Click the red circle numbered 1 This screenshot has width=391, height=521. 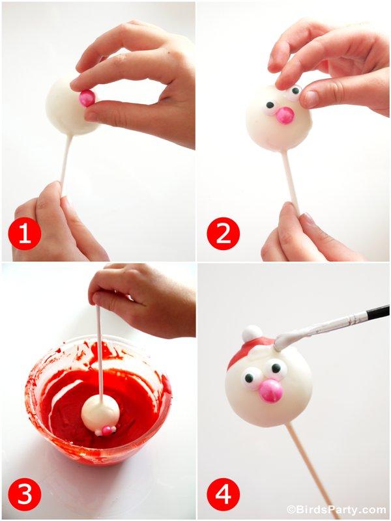pos(24,234)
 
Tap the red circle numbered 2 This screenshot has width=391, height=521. pos(223,234)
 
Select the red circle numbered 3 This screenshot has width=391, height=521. pos(24,495)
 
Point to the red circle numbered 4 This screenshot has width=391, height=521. pos(223,495)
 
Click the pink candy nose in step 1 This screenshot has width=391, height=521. pos(87,98)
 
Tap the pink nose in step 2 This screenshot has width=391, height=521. pos(285,115)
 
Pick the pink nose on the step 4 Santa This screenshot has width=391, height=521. pos(270,391)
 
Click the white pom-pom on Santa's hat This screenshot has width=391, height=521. pos(252,333)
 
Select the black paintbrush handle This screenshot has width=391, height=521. pos(377,313)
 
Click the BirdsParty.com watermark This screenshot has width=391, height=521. pos(336,509)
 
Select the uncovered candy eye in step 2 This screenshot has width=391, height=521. pos(269,106)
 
